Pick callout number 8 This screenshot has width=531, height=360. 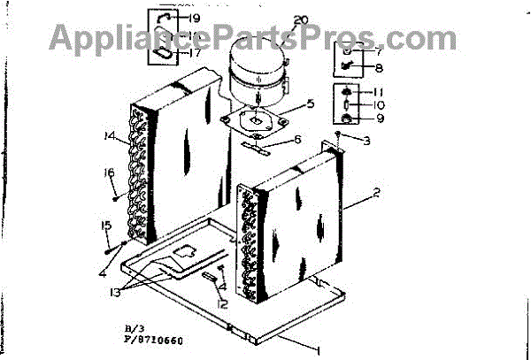pos(378,67)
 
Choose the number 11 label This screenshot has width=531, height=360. pos(378,92)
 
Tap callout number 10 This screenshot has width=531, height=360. pos(378,105)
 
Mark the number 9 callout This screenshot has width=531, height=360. pos(378,119)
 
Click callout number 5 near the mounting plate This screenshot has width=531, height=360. pos(311,103)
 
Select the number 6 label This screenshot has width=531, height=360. pos(296,139)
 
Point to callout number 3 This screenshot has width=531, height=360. pos(366,140)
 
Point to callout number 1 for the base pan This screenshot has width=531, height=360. pos(317,350)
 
